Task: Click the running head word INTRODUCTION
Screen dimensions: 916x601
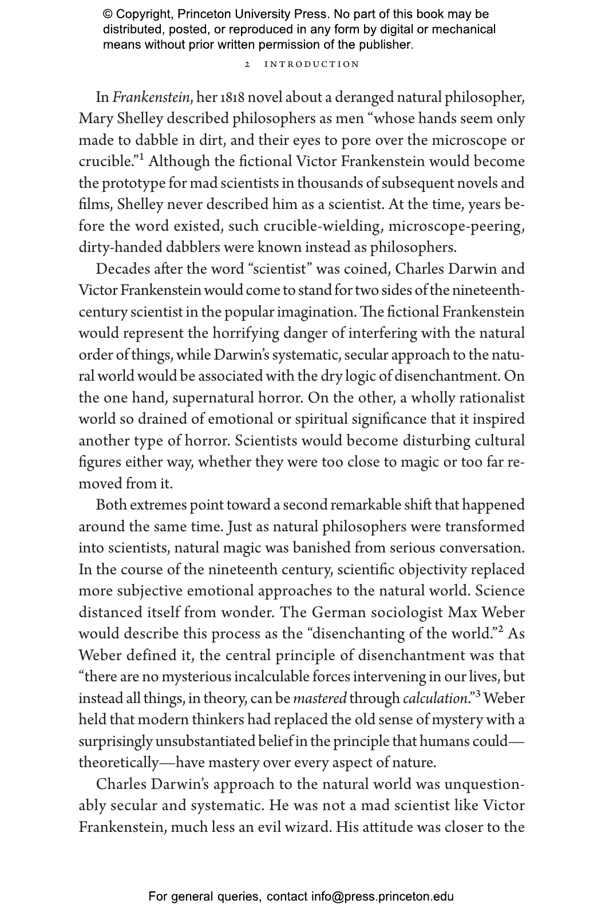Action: (311, 64)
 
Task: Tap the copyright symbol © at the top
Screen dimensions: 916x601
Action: (108, 14)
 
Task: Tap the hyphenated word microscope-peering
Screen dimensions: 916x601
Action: (456, 226)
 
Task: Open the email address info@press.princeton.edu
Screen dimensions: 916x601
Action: (382, 897)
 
